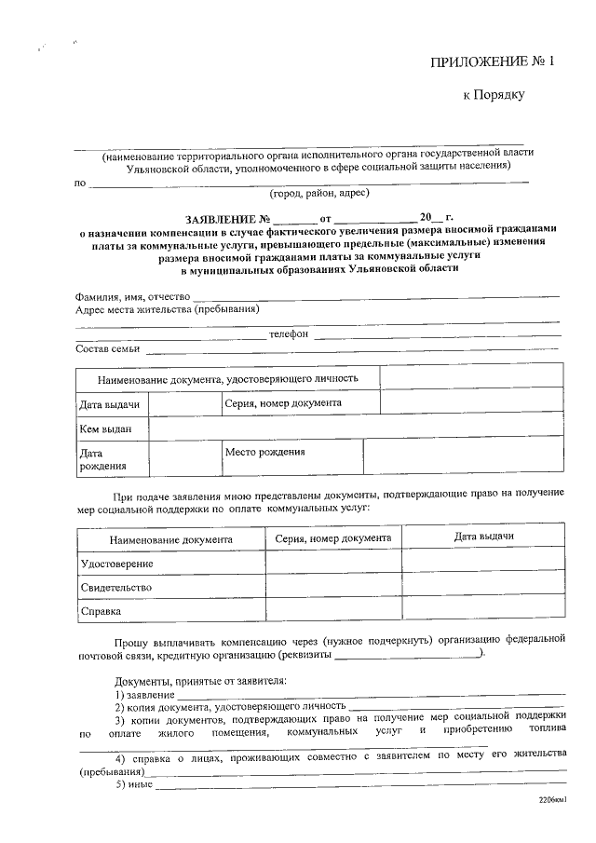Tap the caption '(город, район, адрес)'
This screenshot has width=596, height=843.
point(319,194)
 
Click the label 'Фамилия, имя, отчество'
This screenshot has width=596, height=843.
point(131,296)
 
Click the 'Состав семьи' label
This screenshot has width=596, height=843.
point(107,349)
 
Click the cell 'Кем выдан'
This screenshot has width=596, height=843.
point(105,428)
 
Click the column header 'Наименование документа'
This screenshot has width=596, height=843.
point(170,539)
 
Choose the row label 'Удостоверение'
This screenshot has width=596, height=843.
point(116,564)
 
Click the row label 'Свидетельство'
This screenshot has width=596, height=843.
point(116,589)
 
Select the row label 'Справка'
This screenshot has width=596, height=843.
point(101,612)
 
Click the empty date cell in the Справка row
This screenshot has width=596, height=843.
point(482,611)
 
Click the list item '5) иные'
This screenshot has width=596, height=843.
point(133,784)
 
